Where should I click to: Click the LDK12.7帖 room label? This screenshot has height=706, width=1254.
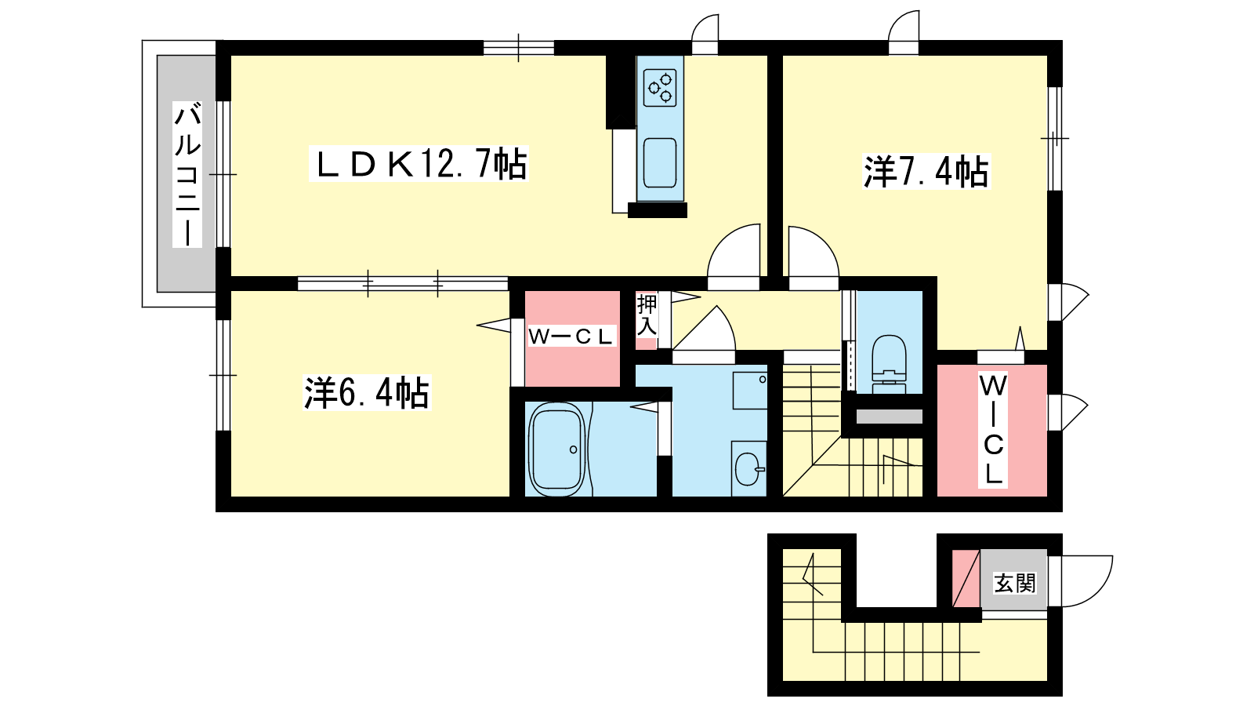click(419, 164)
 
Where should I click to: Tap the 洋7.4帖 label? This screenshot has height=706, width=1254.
click(926, 171)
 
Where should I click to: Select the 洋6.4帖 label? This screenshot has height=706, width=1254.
click(367, 393)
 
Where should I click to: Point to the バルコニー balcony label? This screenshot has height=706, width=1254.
click(187, 174)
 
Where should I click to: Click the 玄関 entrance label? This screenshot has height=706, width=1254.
click(1015, 584)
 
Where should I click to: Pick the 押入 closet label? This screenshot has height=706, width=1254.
click(647, 315)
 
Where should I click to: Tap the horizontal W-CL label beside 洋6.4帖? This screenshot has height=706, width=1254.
click(571, 337)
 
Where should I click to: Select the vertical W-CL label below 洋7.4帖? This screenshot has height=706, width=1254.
click(993, 429)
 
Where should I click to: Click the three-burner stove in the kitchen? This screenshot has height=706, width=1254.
click(660, 88)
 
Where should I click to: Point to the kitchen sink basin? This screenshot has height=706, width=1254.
click(660, 163)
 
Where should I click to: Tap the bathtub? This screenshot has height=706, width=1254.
click(557, 449)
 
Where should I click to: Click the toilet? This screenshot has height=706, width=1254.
click(889, 364)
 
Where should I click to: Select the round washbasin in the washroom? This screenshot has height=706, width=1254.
click(748, 468)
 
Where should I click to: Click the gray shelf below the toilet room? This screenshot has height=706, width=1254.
click(889, 417)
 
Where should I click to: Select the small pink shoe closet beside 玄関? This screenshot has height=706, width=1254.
click(966, 578)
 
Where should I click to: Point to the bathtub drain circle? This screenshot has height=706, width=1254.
click(573, 449)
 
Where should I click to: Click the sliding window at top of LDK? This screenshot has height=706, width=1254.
click(518, 48)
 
